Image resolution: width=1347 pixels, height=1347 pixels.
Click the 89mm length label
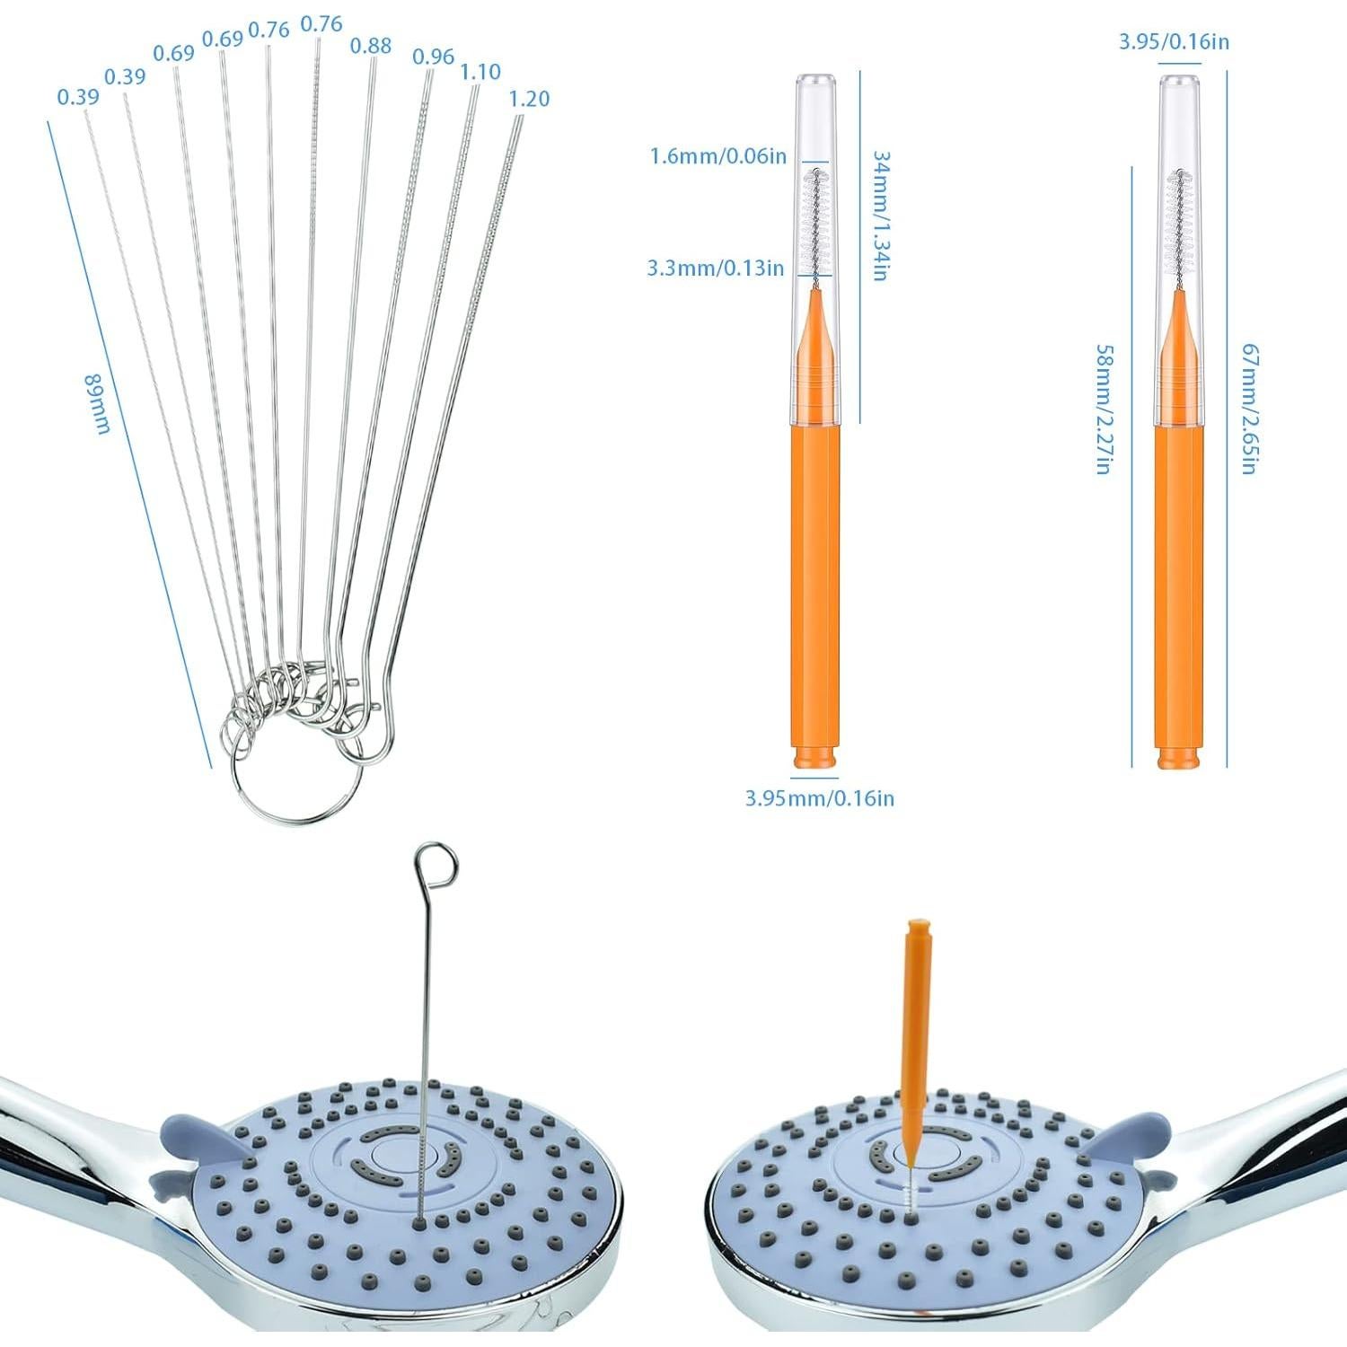[x=96, y=403]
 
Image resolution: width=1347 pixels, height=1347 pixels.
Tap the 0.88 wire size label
[x=371, y=46]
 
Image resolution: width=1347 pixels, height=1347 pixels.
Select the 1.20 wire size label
[x=529, y=99]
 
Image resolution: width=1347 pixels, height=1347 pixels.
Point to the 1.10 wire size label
[x=480, y=72]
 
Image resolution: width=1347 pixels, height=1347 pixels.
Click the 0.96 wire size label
[x=433, y=57]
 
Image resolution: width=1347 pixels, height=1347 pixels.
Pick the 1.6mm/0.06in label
[x=718, y=156]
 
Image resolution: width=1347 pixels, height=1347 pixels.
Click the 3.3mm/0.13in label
[x=715, y=268]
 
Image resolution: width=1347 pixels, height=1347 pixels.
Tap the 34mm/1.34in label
[x=881, y=216]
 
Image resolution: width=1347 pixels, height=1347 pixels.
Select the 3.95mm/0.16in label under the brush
[x=819, y=797]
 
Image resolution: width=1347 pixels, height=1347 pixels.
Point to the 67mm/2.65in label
[x=1249, y=409]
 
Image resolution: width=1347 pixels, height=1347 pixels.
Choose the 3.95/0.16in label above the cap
[x=1174, y=41]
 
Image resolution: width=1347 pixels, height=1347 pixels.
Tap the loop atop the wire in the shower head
[x=436, y=863]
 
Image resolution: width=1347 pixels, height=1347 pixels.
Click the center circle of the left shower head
[x=392, y=1154]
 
